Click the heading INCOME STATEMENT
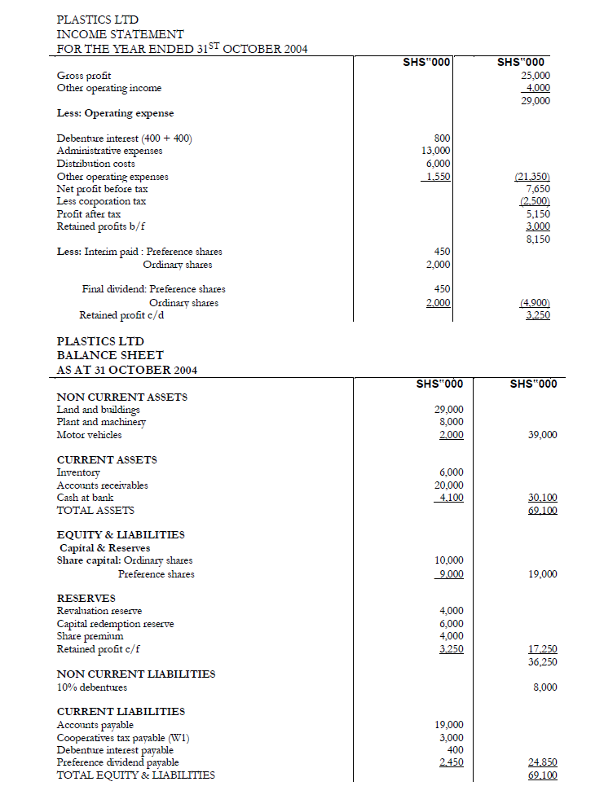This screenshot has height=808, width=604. point(120,34)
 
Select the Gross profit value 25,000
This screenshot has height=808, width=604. point(536,76)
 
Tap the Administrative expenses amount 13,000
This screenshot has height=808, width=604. point(437,151)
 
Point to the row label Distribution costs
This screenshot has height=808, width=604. point(95,164)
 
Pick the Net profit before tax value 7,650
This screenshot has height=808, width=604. point(539,188)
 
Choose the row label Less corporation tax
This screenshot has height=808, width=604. point(101,201)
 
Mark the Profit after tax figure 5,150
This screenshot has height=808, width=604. point(539,214)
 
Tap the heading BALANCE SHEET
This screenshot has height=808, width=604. point(109,355)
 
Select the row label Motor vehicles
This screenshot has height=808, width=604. point(89,435)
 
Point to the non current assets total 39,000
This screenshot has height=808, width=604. point(543,435)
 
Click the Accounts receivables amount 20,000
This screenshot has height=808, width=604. point(449,485)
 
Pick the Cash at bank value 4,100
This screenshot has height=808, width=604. point(451,498)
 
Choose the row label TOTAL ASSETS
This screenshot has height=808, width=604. point(95,511)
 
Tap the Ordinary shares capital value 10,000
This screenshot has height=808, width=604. point(449,560)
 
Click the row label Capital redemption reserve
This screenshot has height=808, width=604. point(115,624)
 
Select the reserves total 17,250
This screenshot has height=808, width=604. point(543,649)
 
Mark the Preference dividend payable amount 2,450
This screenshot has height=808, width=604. point(451,762)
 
